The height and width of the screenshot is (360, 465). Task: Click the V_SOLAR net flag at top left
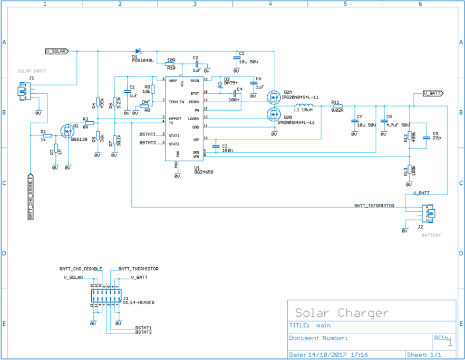click(x=56, y=51)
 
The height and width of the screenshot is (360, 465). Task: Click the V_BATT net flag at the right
click(x=433, y=93)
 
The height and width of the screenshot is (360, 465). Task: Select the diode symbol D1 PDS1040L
click(x=138, y=51)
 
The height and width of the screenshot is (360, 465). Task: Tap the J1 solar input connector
click(x=23, y=90)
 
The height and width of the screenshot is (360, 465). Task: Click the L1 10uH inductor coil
click(x=304, y=105)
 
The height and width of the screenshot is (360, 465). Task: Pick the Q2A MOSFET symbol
click(x=274, y=96)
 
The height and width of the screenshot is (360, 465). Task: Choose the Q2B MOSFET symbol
click(x=274, y=113)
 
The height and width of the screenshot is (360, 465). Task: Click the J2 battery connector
click(x=431, y=213)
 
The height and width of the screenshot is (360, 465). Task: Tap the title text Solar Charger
click(x=341, y=313)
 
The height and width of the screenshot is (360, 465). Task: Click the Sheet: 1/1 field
click(x=424, y=355)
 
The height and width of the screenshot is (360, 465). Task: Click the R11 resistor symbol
click(x=337, y=105)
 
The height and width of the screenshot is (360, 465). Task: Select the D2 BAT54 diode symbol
click(x=219, y=84)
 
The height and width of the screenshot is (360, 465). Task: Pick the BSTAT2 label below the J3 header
click(x=143, y=332)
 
